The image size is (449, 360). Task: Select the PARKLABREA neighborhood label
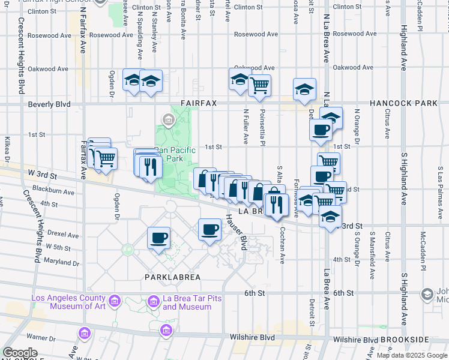coord(173,277)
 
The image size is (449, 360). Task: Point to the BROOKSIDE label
coord(416,340)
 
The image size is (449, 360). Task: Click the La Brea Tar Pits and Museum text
coord(187,302)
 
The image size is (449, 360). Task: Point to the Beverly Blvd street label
coord(49,104)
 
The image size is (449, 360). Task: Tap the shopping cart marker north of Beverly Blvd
coord(259,85)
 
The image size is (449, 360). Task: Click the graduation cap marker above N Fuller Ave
coord(240,79)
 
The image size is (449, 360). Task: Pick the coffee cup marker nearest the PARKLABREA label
coord(159,238)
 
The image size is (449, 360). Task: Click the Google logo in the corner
coord(20,353)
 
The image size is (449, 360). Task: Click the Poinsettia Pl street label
coord(263,126)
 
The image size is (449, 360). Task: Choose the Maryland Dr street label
coord(62,262)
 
